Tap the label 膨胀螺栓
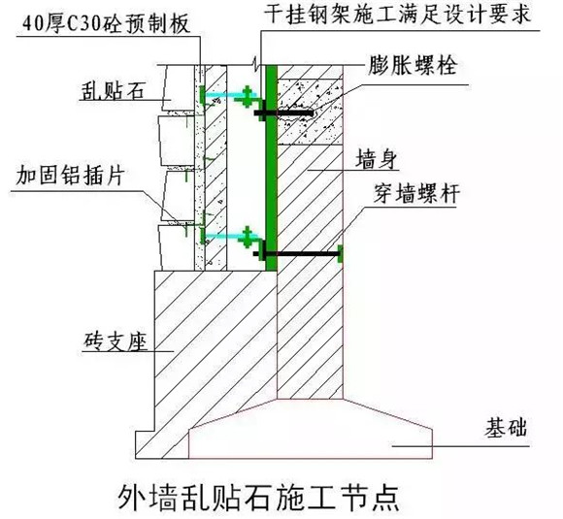[x=413, y=65]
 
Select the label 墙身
[x=377, y=159]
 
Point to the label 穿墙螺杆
[x=416, y=193]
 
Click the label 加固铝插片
[x=70, y=176]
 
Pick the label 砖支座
[x=116, y=341]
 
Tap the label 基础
[x=507, y=428]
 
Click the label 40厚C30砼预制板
[x=106, y=25]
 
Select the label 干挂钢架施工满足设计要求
[x=398, y=15]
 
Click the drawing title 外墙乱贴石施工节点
[x=258, y=498]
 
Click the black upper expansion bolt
[x=283, y=114]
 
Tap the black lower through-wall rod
[x=297, y=254]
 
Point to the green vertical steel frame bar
[x=272, y=168]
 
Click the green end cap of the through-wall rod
[x=340, y=254]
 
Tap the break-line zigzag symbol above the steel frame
[x=255, y=63]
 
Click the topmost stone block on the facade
[x=178, y=87]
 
